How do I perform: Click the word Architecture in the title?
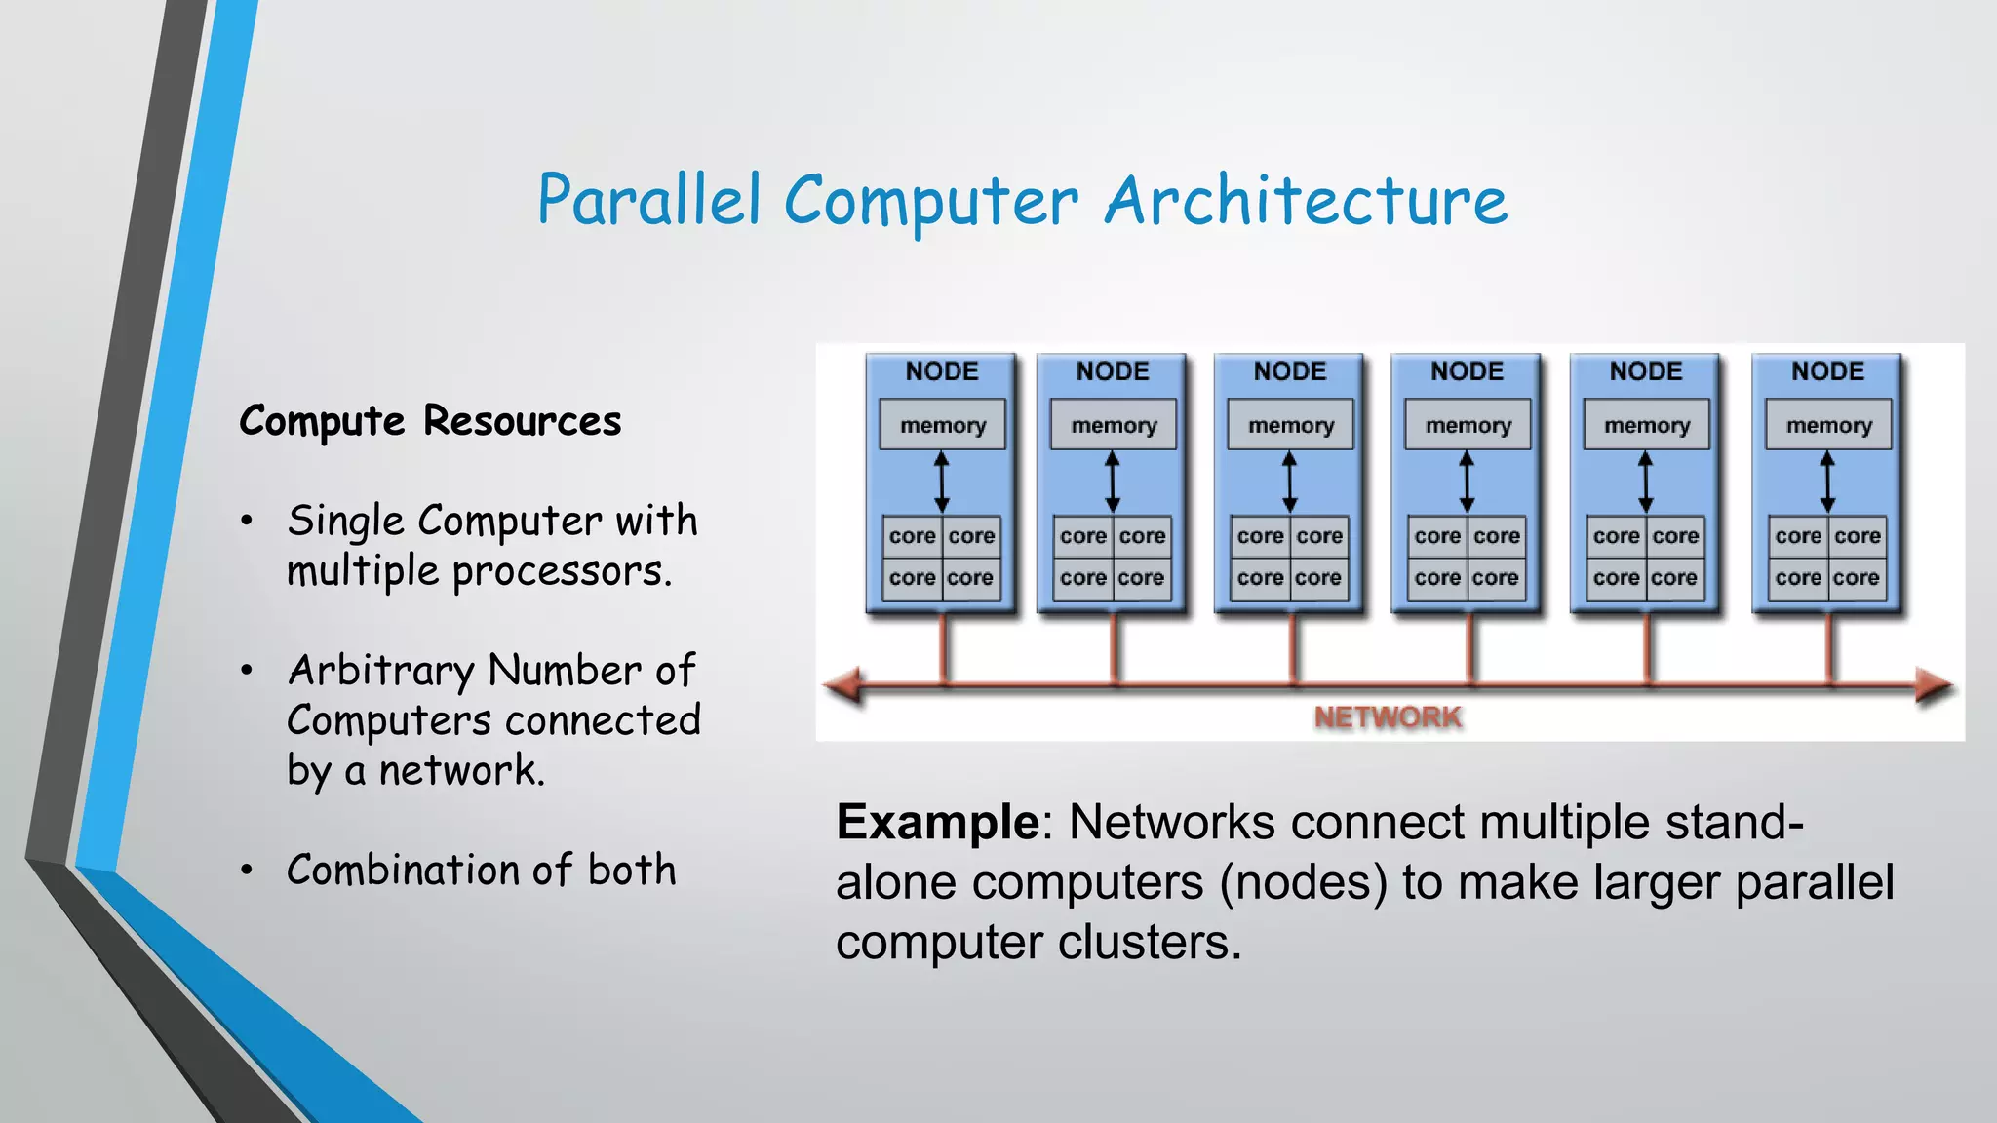[x=1306, y=201]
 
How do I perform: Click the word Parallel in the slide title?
[x=648, y=201]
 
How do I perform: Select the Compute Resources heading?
[x=430, y=421]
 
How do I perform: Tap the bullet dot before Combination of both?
[x=248, y=870]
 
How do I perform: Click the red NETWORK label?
[x=1387, y=717]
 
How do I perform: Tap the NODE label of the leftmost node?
[x=942, y=371]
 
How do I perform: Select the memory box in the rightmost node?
[x=1828, y=425]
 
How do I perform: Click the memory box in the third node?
[x=1290, y=425]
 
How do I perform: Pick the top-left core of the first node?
[x=912, y=536]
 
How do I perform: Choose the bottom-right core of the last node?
[x=1857, y=578]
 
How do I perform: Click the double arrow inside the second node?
[x=1113, y=482]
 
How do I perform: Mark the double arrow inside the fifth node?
[x=1646, y=482]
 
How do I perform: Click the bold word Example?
[x=938, y=822]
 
